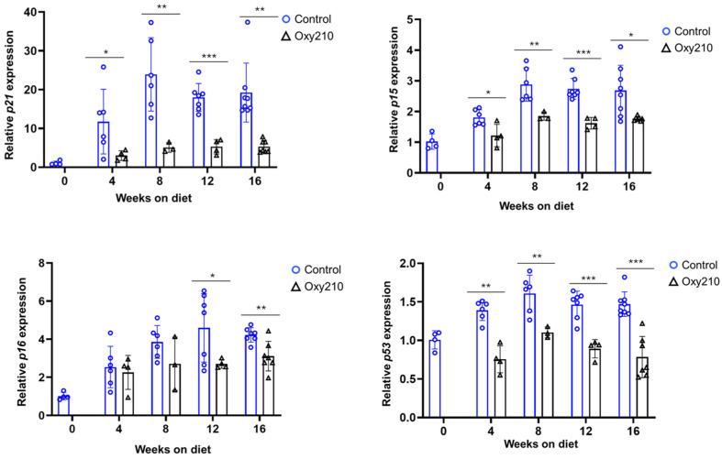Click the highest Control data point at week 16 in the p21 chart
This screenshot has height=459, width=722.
(x=248, y=22)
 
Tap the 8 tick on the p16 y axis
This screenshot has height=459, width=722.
(x=41, y=264)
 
